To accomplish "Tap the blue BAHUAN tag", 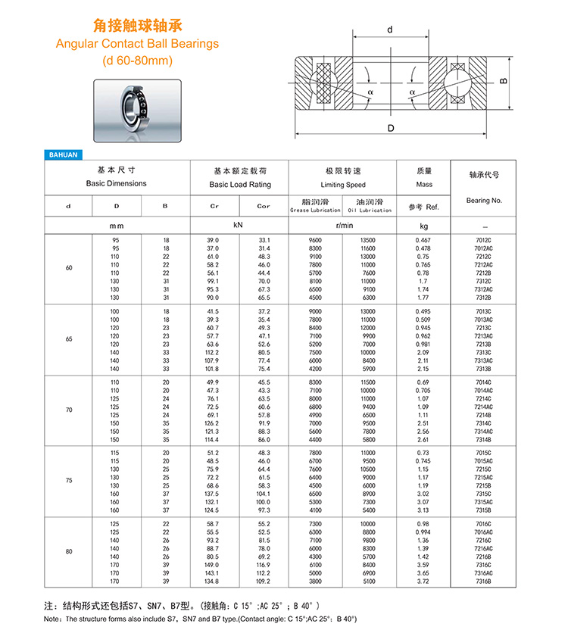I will (63, 154).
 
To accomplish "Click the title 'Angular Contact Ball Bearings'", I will (137, 44).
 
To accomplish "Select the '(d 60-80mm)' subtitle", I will (137, 61).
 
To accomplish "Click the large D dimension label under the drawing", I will (391, 129).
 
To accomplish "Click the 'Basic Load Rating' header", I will (240, 184).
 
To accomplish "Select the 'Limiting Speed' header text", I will (343, 185).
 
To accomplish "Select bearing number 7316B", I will (483, 581).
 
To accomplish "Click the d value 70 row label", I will (69, 410).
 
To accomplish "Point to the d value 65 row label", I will (69, 339).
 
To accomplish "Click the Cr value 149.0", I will (213, 564).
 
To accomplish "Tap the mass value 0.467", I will (423, 240).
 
